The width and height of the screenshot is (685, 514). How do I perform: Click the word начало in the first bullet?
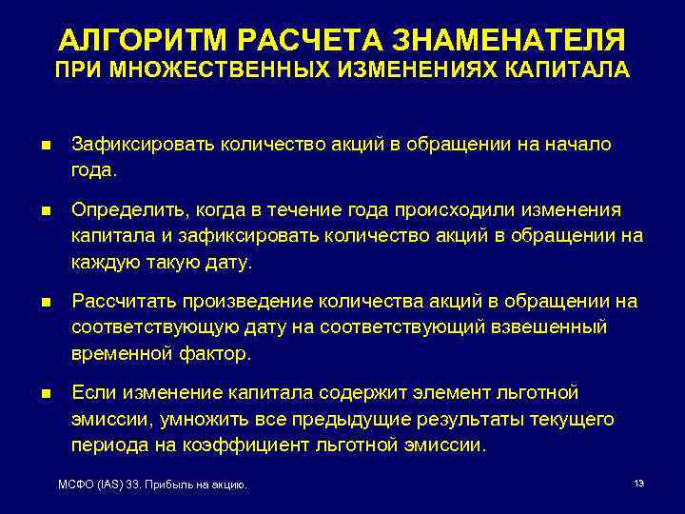tap(577, 145)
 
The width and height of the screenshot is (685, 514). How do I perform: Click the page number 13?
tap(638, 484)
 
